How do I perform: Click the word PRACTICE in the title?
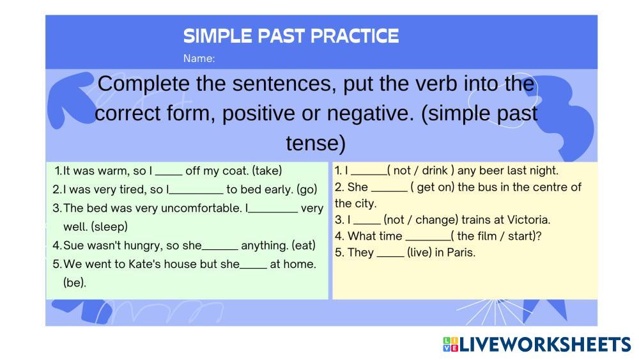(354, 36)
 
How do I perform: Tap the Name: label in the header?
(199, 58)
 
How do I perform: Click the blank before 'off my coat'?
(169, 175)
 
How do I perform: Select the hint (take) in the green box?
(267, 171)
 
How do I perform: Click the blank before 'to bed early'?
(196, 193)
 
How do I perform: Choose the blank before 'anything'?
(220, 249)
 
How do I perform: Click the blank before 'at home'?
(253, 268)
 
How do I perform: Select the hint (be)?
(75, 283)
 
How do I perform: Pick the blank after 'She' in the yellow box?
(389, 191)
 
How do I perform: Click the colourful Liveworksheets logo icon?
(450, 344)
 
